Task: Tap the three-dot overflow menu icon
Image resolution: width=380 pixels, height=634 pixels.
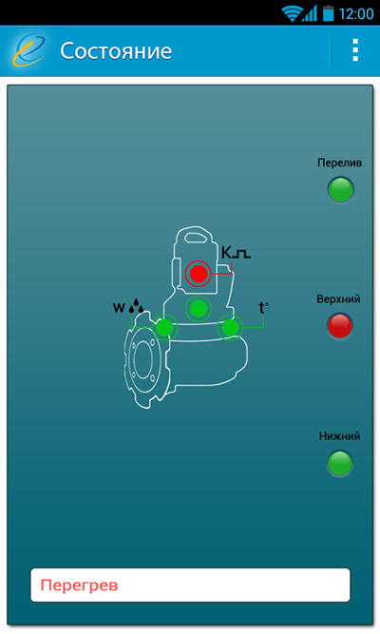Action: pyautogui.click(x=355, y=50)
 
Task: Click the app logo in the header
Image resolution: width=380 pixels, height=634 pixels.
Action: pyautogui.click(x=29, y=50)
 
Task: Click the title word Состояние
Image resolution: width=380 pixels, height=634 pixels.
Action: pyautogui.click(x=116, y=51)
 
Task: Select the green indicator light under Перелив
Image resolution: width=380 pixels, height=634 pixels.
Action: pyautogui.click(x=340, y=189)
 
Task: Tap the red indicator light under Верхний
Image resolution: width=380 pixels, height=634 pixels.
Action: pyautogui.click(x=339, y=325)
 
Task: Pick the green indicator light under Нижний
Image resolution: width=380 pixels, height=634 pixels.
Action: pyautogui.click(x=339, y=463)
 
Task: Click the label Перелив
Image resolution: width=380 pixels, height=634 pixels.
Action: pyautogui.click(x=339, y=163)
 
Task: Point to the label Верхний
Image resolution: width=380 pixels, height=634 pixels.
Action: pyautogui.click(x=338, y=299)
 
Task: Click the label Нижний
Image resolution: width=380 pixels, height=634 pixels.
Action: pyautogui.click(x=339, y=436)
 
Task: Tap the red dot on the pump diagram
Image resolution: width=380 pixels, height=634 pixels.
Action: pyautogui.click(x=199, y=274)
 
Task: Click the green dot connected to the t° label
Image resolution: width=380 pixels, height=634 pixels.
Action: pyautogui.click(x=230, y=328)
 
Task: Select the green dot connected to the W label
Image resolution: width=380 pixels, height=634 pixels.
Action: pyautogui.click(x=164, y=327)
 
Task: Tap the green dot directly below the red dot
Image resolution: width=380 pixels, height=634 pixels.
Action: pyautogui.click(x=199, y=309)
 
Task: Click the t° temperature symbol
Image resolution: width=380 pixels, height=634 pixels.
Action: pyautogui.click(x=263, y=308)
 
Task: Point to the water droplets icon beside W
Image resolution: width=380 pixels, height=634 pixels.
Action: pyautogui.click(x=136, y=306)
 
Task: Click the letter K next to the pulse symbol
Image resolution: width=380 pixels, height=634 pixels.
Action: pyautogui.click(x=226, y=253)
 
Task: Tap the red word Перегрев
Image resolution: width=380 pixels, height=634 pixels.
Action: pyautogui.click(x=79, y=586)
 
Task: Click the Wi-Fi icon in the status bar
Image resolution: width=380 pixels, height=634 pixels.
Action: pyautogui.click(x=291, y=13)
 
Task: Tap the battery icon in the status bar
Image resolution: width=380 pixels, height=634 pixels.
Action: pyautogui.click(x=329, y=13)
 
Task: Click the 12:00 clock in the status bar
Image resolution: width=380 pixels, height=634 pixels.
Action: pyautogui.click(x=356, y=13)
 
